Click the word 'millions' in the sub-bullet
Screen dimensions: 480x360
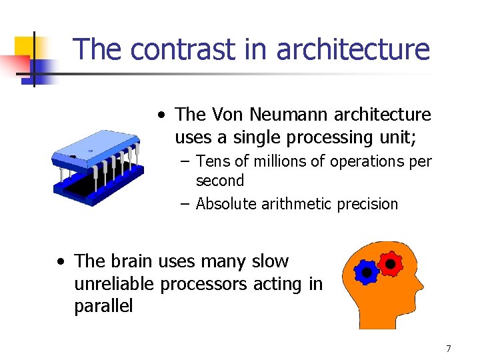coord(262,161)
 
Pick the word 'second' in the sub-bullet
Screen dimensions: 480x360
coord(220,181)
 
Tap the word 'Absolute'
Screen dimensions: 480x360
coord(228,204)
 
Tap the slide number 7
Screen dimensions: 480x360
coord(449,349)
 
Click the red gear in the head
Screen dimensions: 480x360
coord(390,264)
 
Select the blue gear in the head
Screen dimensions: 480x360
coord(365,272)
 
